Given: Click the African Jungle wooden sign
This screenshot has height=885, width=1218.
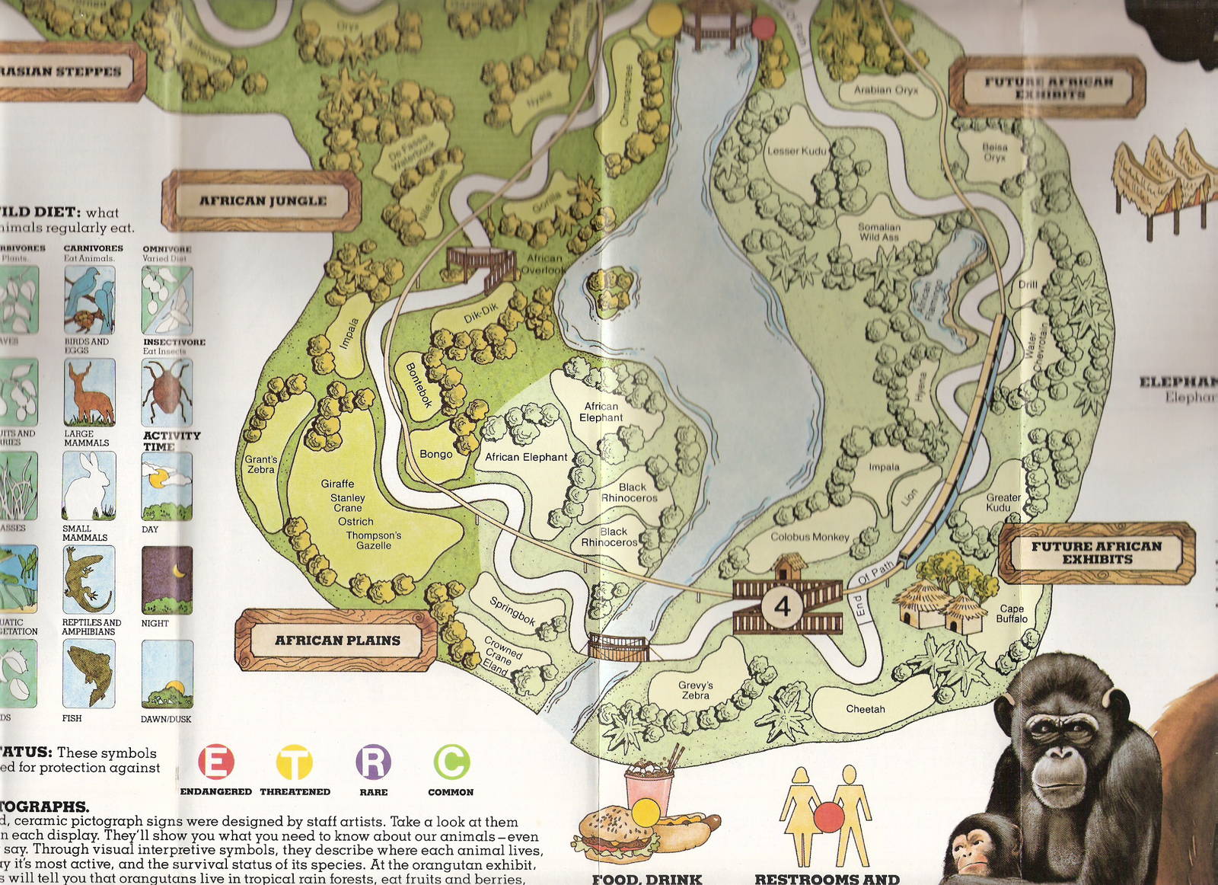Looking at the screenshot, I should point(262,201).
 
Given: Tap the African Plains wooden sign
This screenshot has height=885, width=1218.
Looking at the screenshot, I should point(336,641).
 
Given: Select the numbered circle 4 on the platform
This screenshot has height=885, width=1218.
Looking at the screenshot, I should point(783,606).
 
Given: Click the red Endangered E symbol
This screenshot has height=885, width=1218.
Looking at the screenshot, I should point(216,762).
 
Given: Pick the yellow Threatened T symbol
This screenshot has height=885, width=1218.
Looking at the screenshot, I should point(294,762).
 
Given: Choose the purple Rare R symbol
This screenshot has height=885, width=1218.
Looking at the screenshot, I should point(373,762).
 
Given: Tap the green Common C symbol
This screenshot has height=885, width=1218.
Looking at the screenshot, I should point(451,762).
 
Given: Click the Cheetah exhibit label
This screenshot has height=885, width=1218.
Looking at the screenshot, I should point(866,709).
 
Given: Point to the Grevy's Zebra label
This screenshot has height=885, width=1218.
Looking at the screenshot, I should point(695,690).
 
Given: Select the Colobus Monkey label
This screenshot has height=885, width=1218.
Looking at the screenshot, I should point(809,537).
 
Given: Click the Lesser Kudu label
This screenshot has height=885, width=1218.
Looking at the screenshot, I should point(796,151).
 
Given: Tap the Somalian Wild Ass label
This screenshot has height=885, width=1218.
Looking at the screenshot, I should point(879,232).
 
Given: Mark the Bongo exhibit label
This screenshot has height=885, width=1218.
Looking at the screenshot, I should point(436,454).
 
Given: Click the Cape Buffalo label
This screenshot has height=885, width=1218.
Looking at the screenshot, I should point(1012,614).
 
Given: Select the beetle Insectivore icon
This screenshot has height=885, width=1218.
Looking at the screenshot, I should point(167,392).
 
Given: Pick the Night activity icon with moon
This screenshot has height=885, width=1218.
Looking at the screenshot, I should point(167,580).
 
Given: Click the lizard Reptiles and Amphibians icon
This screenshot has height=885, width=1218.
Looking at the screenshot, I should point(89,580).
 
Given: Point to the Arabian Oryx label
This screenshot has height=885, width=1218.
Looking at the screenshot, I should point(885,90).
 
